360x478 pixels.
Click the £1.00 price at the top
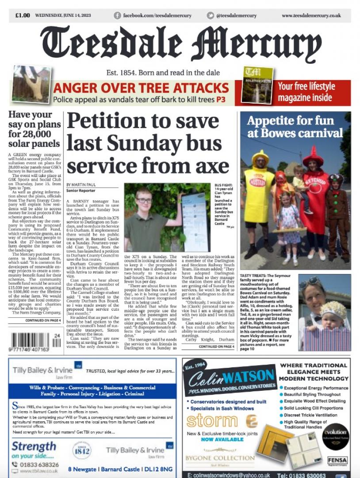(x=23, y=15)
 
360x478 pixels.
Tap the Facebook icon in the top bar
(x=117, y=15)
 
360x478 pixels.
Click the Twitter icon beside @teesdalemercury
(x=211, y=15)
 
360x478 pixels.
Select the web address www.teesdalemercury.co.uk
(x=311, y=15)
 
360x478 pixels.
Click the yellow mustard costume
(x=259, y=188)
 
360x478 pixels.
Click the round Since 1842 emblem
(x=81, y=450)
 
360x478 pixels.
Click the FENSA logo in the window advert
(x=337, y=460)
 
